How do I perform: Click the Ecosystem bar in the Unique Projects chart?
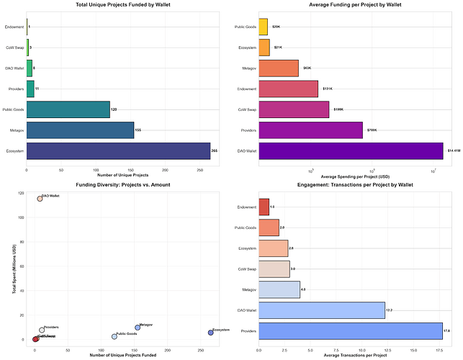tap(118, 150)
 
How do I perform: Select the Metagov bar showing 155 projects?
tap(80, 130)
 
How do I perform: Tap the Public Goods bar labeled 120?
tap(68, 109)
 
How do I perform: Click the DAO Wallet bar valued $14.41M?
tap(350, 150)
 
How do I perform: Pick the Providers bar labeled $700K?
tap(310, 130)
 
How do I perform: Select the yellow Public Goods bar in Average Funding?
tap(263, 27)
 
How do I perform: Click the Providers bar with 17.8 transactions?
tap(350, 330)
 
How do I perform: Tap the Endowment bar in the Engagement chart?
tap(264, 207)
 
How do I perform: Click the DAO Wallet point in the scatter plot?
tap(40, 199)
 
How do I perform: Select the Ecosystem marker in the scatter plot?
tap(210, 333)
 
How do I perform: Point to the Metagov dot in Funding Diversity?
tap(138, 328)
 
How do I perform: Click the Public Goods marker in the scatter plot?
tap(114, 336)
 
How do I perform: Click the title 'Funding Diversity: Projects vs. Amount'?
tap(118, 184)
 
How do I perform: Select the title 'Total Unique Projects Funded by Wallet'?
tap(118, 5)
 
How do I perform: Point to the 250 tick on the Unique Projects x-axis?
tap(200, 170)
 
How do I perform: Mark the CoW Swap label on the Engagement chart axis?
tap(243, 269)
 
